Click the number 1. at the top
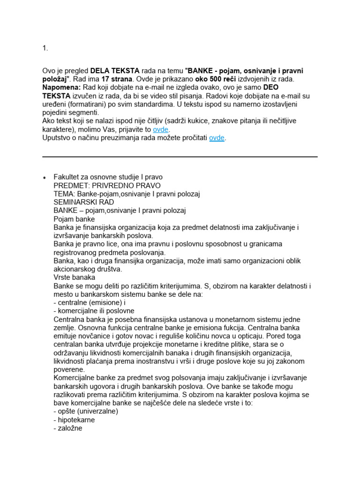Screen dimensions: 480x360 click(45, 48)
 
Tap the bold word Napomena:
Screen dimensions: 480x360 click(61, 88)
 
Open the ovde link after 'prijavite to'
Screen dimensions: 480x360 click(161, 129)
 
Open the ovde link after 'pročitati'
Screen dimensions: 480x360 click(217, 138)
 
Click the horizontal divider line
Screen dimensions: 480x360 click(180, 157)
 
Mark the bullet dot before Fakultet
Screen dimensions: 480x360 click(44, 178)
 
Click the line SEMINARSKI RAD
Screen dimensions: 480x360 click(84, 202)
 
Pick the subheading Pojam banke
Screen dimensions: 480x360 click(74, 219)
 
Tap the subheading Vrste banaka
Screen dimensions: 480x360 click(75, 277)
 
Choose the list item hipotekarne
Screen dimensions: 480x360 click(74, 420)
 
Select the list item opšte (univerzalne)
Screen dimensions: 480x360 click(86, 411)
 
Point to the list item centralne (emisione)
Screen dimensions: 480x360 click(88, 302)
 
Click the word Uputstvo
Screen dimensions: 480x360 click(58, 138)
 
